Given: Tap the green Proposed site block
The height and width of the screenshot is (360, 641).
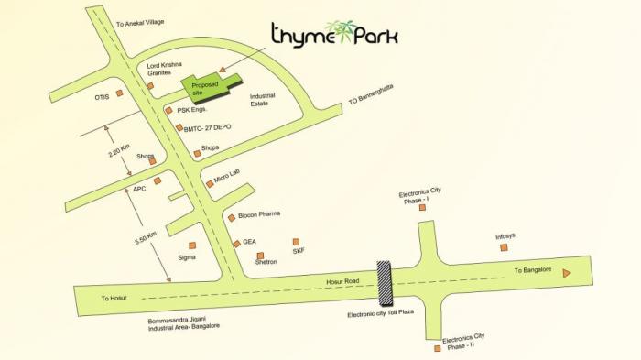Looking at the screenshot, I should click(x=203, y=86).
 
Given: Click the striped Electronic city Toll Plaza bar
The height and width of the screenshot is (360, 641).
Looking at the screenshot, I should click(x=386, y=283).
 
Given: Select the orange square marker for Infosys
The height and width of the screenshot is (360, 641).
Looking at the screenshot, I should click(x=505, y=247).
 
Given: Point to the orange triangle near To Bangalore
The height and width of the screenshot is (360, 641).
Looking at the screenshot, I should click(x=568, y=273).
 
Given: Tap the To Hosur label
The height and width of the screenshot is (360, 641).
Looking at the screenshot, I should click(x=118, y=298).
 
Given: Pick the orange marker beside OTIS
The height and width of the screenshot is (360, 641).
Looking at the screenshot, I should click(x=119, y=93).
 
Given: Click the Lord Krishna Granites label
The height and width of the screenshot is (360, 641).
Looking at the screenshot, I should click(x=165, y=69).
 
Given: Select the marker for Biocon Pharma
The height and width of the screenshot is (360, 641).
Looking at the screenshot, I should click(x=232, y=218).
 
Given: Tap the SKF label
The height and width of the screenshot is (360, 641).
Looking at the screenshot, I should click(x=298, y=251).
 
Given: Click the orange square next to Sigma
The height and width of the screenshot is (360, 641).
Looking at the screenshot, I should click(x=192, y=245).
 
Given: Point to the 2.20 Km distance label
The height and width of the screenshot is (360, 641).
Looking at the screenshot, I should click(x=116, y=147).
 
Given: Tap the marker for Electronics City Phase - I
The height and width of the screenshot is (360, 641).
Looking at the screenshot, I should click(x=422, y=208).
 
